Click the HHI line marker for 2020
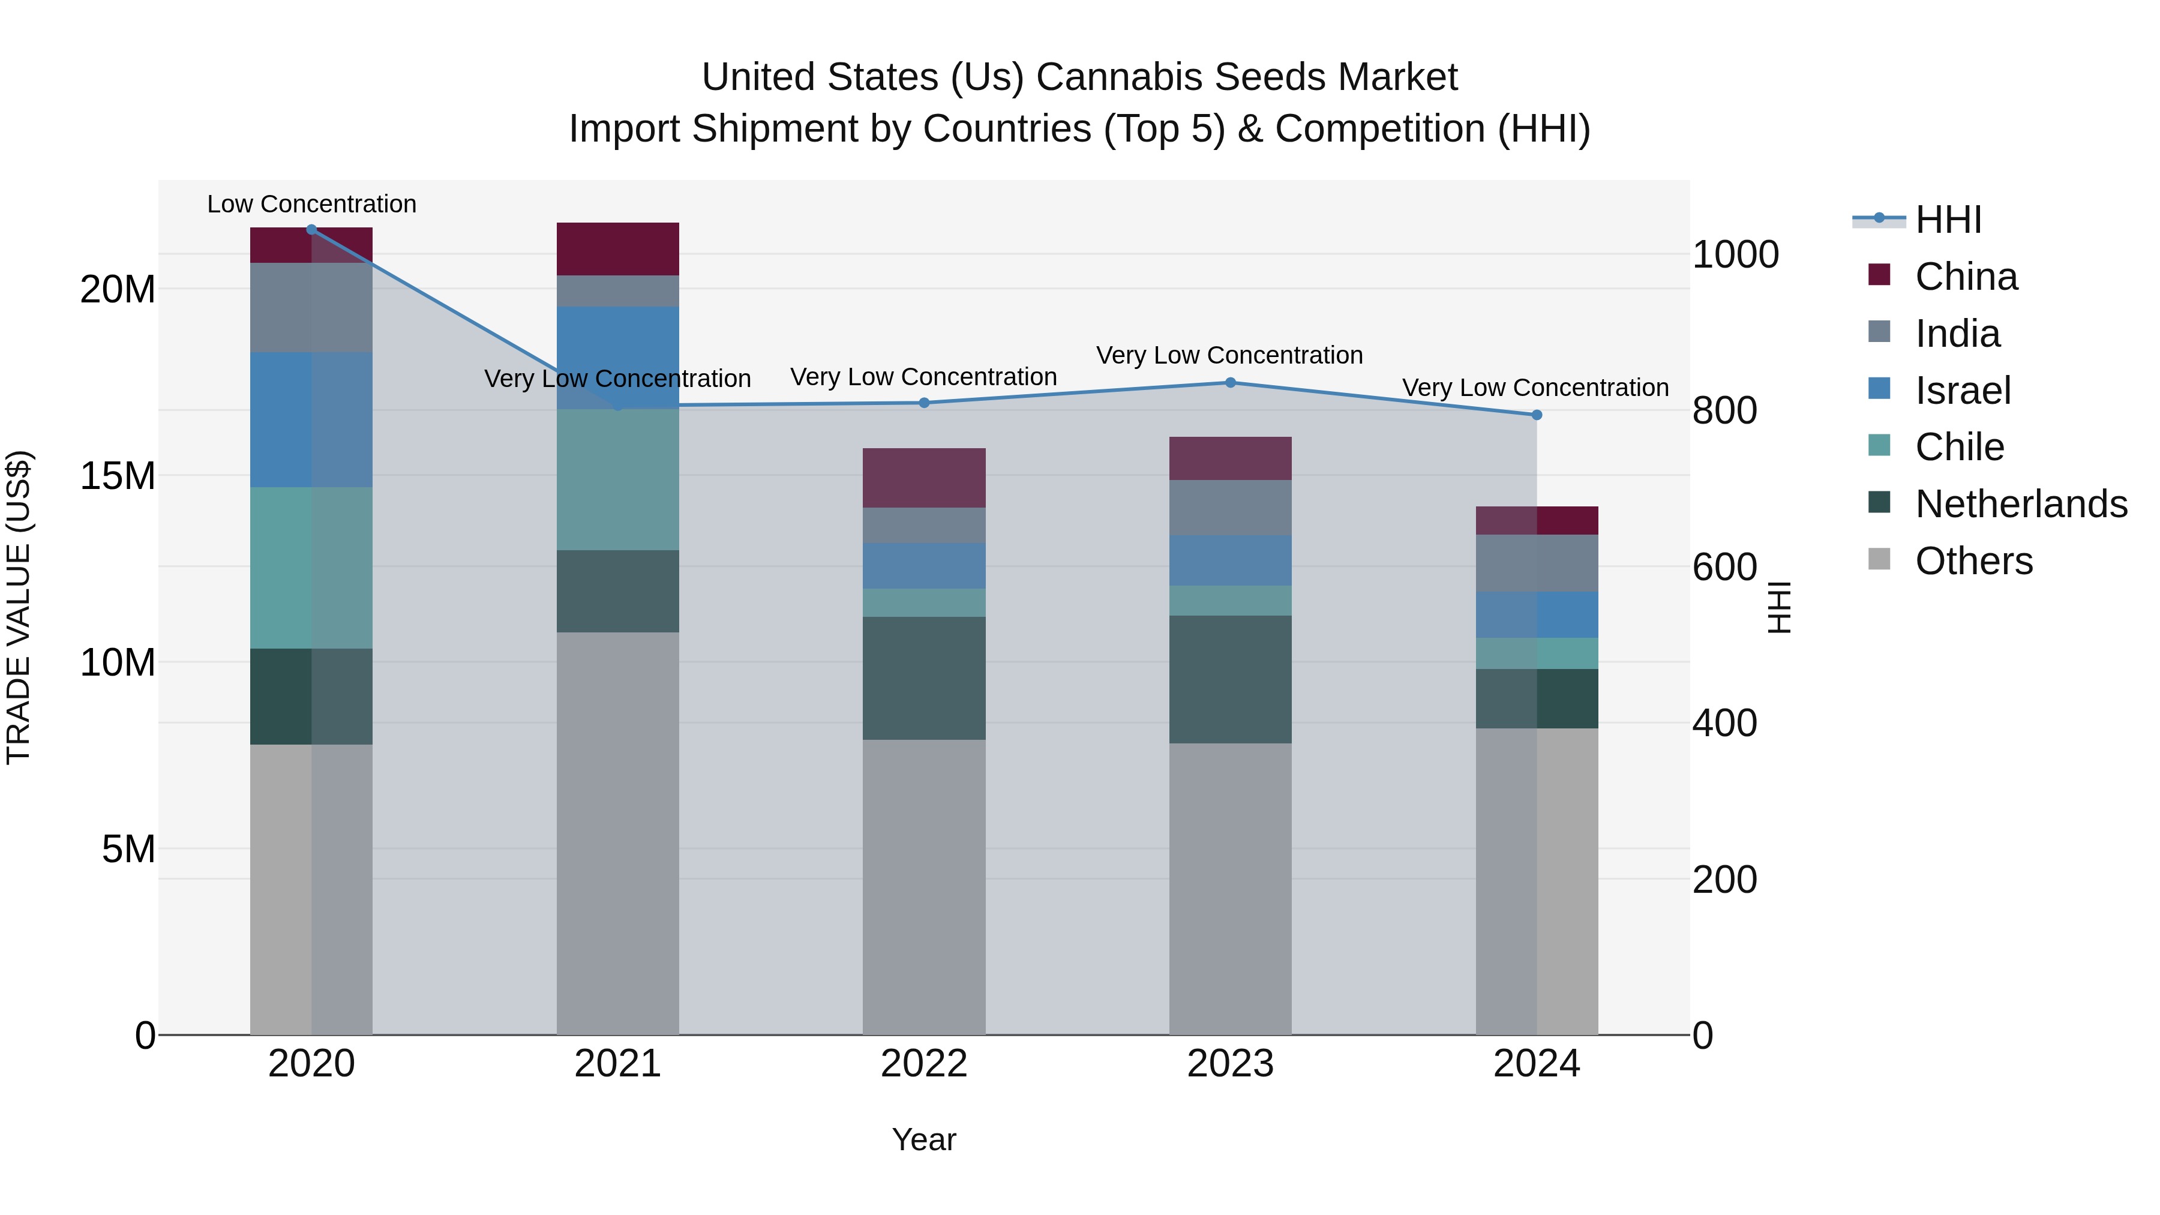point(311,230)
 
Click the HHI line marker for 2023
point(1230,382)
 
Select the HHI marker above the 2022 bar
point(924,403)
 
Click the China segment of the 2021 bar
point(617,249)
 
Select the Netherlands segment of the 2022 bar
point(924,679)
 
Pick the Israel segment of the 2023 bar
point(1230,560)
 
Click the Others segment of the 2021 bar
point(617,833)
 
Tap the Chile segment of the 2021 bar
point(617,479)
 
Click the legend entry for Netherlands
point(2020,504)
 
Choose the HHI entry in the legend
point(1947,220)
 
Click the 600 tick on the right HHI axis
point(1724,567)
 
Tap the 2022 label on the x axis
point(924,1064)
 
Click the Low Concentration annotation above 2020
point(311,204)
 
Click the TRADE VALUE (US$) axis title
point(19,607)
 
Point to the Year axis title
point(924,1139)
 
